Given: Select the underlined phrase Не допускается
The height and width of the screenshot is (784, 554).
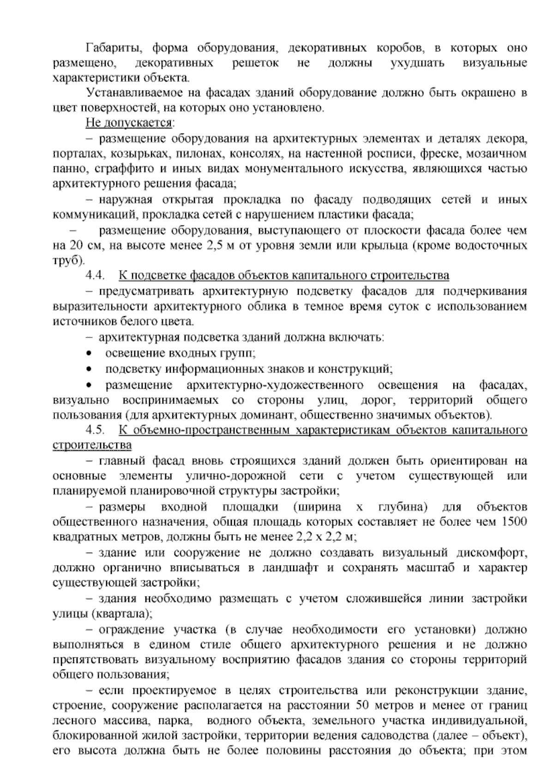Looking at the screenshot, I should (x=129, y=123).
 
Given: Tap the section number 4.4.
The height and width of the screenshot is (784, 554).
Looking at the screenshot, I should (x=96, y=276).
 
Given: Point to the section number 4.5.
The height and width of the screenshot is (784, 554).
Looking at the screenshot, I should (x=96, y=430).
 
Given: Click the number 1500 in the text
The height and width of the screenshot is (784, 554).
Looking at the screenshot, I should (x=514, y=522).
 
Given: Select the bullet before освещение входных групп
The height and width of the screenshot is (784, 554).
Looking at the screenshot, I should (x=89, y=354).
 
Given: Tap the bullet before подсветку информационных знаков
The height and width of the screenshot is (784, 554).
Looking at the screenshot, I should (x=89, y=369).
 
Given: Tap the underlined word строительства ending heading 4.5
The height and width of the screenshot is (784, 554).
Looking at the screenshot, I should (x=92, y=446).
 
